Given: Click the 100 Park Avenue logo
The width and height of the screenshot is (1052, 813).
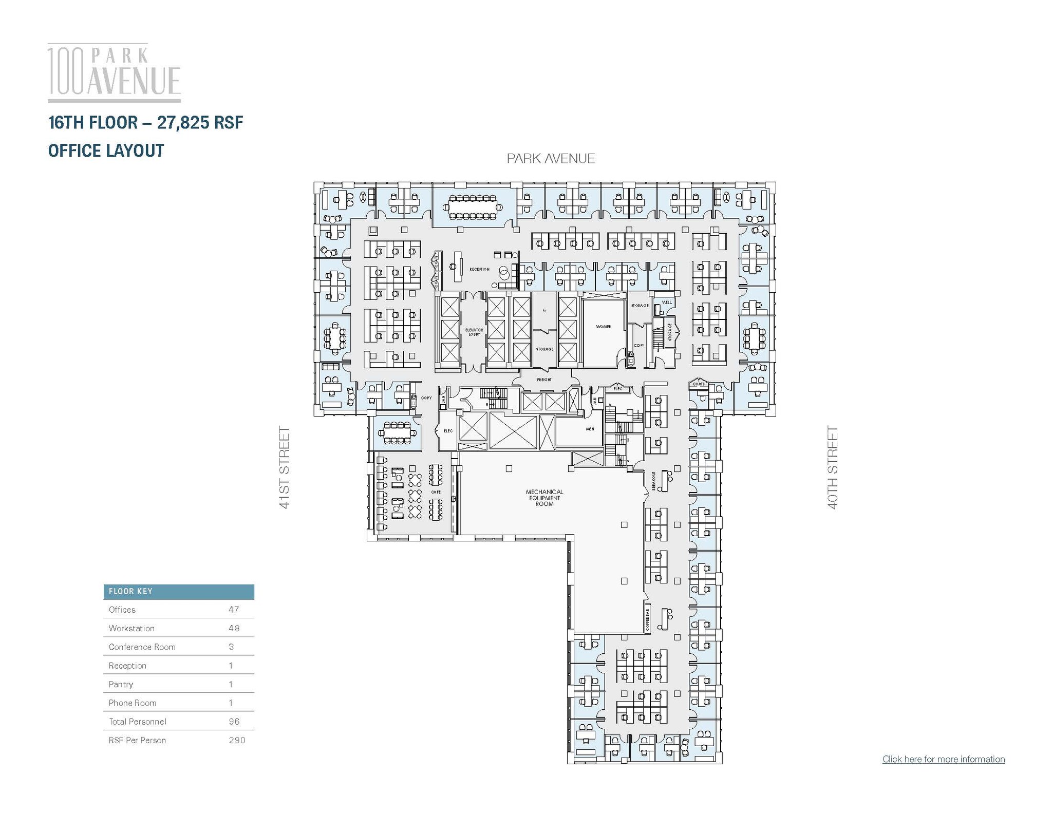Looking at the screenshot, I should (114, 72).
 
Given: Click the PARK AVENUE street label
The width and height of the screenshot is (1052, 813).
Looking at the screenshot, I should (551, 159).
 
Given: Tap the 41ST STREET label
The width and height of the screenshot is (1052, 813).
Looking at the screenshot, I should (285, 467).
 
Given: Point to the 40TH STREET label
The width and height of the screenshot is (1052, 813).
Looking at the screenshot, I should (833, 467).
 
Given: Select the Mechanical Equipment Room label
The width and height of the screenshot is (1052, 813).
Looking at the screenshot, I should (544, 498).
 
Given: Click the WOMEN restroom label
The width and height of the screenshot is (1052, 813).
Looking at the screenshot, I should (604, 327).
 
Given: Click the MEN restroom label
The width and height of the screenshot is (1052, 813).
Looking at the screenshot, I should (590, 429).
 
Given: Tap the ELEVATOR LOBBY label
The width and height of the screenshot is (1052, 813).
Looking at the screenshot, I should (474, 332).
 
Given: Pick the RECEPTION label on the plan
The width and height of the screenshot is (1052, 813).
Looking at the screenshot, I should (479, 269).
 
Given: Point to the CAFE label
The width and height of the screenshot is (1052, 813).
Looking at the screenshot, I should (436, 492).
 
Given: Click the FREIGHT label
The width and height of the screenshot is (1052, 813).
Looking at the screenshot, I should (544, 380).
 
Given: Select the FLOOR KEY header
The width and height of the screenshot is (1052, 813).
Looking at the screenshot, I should (130, 591).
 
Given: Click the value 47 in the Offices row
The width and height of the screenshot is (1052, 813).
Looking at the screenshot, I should (234, 610).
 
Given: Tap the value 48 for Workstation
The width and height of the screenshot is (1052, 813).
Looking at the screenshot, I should (234, 628).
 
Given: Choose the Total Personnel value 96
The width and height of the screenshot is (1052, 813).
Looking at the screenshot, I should (234, 722).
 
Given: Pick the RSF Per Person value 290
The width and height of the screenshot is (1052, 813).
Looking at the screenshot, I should (237, 740).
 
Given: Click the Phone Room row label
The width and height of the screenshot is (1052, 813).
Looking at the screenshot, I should (133, 703).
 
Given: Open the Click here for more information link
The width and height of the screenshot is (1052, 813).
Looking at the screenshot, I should (943, 759).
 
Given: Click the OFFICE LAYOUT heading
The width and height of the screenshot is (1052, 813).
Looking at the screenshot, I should (106, 150).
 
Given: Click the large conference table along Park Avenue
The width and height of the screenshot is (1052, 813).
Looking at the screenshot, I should (473, 206).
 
